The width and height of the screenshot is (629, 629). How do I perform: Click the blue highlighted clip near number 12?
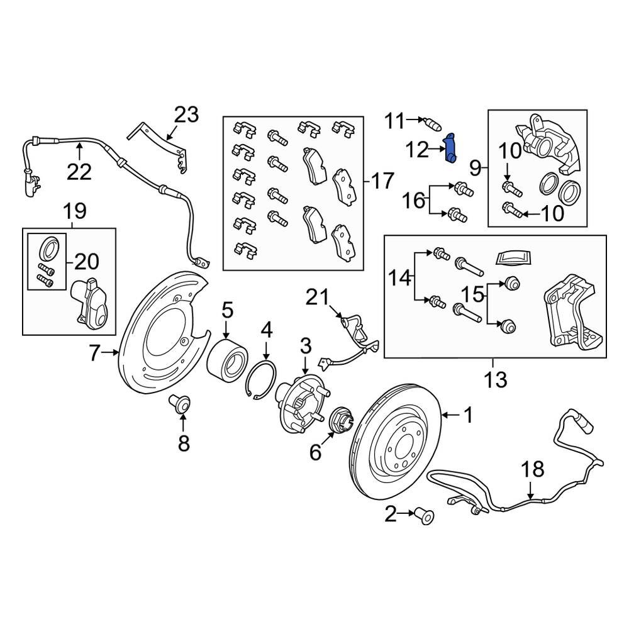451,148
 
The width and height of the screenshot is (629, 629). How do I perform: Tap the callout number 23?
186,115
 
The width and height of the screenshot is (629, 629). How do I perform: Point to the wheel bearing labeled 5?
228,360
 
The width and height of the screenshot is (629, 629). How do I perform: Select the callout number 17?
381,181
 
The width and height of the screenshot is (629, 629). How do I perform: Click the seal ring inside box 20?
49,248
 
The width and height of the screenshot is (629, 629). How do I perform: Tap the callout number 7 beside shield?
94,354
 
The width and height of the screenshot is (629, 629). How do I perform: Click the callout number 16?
415,201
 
